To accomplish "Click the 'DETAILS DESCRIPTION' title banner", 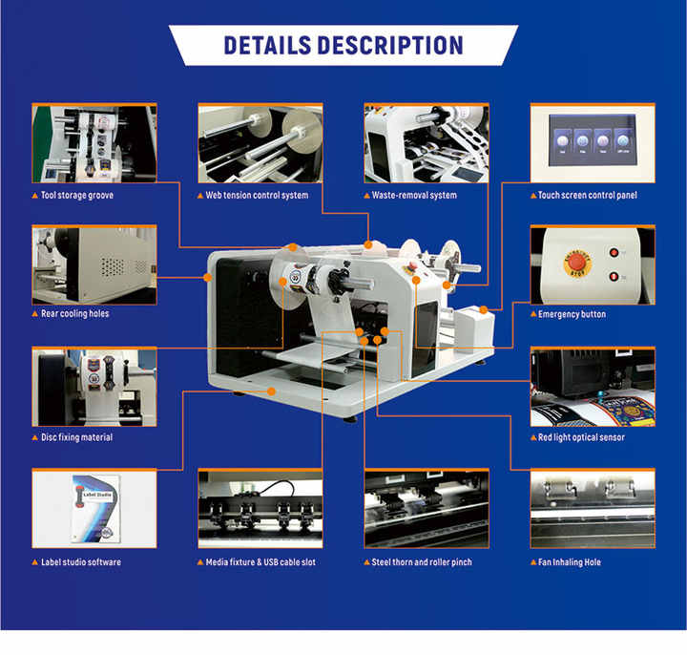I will [343, 45].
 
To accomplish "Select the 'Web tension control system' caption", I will [257, 195].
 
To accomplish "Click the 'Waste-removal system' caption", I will [414, 195].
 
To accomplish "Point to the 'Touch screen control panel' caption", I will [587, 195].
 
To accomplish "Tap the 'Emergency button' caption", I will [572, 314].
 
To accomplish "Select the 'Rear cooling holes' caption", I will [77, 314].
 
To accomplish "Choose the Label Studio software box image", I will [94, 508].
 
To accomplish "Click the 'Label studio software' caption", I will [81, 562].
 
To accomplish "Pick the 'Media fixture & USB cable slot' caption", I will [260, 562].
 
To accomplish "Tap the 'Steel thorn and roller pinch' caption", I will [421, 562].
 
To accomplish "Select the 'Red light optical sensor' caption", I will [581, 437].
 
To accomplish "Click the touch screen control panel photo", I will [593, 142].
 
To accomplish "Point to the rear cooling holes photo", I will [94, 264].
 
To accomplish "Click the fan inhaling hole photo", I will [593, 508].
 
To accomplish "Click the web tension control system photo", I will [260, 142].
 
